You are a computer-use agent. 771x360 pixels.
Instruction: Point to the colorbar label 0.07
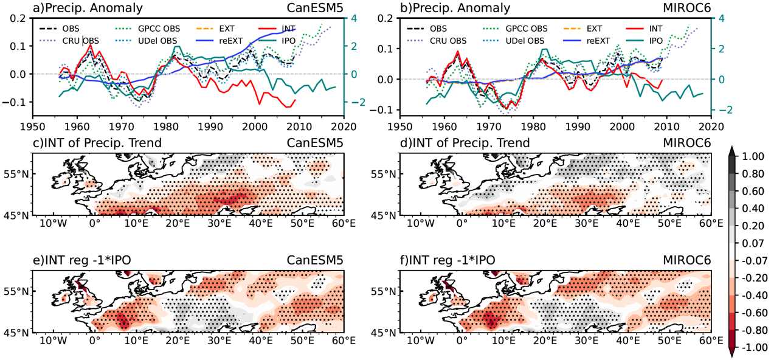coord(750,244)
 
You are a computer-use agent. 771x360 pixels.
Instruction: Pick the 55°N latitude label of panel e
coord(18,291)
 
